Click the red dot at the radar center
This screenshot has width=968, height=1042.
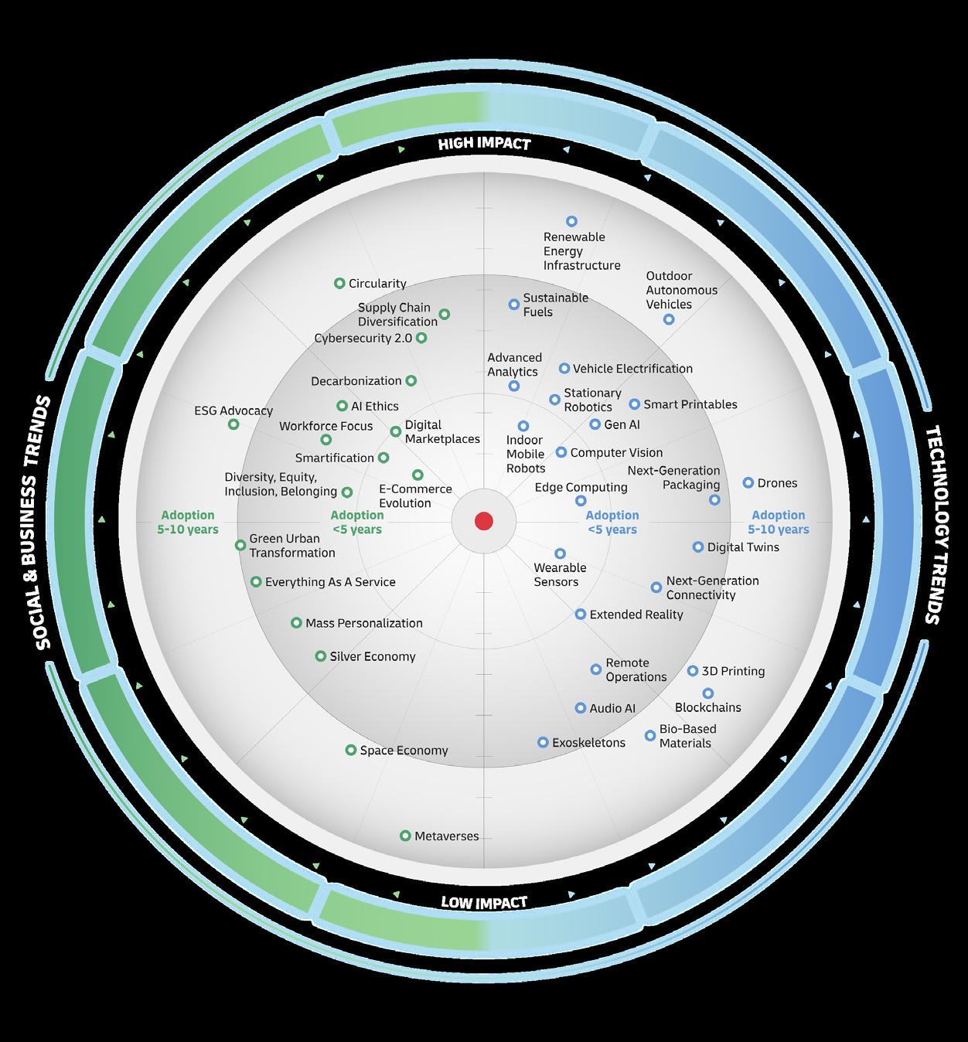[484, 521]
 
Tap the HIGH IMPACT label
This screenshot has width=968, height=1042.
[484, 144]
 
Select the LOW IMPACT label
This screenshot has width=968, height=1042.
[484, 902]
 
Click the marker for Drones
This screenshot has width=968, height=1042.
[748, 483]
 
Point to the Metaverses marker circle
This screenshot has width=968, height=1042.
[405, 836]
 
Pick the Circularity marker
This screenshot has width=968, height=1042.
[339, 284]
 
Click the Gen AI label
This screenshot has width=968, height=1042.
[622, 424]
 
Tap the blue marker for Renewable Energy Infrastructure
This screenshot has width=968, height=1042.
[571, 222]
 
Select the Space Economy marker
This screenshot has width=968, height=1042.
[351, 750]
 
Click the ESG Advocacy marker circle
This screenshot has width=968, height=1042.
[233, 424]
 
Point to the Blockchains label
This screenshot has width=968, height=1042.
[707, 707]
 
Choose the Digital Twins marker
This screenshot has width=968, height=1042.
[698, 547]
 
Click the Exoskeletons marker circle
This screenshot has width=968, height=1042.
[543, 742]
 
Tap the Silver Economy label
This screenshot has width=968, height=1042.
[373, 656]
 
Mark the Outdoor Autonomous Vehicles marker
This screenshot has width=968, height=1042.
[669, 319]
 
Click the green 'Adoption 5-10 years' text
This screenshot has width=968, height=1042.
[188, 523]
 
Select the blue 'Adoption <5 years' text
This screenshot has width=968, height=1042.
[612, 523]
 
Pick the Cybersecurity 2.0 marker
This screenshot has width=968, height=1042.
[421, 338]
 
